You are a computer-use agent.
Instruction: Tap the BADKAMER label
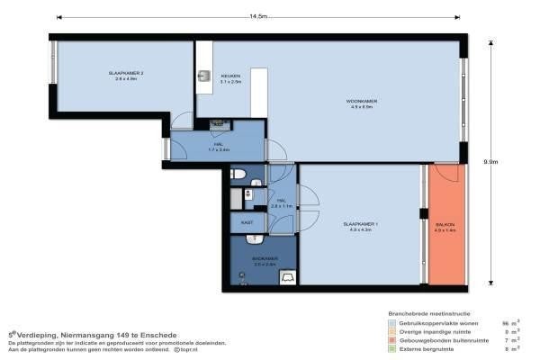tap(265, 258)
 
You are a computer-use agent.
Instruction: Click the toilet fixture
tap(238, 174)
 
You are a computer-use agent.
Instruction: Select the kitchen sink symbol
tap(203, 76)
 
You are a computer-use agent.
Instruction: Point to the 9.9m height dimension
tap(490, 162)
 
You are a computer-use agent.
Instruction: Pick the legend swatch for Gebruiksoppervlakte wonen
tap(392, 321)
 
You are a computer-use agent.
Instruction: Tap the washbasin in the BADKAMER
tap(256, 240)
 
